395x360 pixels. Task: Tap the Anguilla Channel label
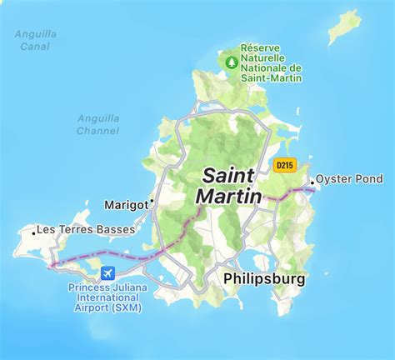(x=98, y=124)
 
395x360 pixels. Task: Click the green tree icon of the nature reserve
(x=230, y=60)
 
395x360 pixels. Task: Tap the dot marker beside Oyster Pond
(x=312, y=181)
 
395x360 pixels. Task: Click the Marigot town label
(x=125, y=204)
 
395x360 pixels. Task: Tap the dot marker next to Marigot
(x=152, y=202)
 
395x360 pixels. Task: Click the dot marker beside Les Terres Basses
(x=33, y=233)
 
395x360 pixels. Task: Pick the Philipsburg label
(x=264, y=281)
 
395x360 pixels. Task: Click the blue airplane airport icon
(x=107, y=273)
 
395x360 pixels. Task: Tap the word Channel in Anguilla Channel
(x=98, y=130)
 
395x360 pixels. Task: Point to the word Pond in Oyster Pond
(x=368, y=179)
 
